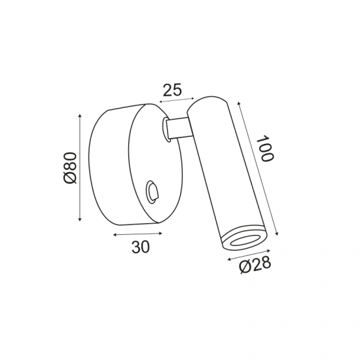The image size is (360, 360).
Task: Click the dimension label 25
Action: (172, 90)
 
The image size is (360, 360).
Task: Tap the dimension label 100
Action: (265, 149)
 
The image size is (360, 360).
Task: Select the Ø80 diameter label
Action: (70, 168)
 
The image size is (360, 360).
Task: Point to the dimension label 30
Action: (141, 247)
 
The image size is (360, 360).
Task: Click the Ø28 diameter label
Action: (255, 266)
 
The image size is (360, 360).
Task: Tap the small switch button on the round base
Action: (152, 192)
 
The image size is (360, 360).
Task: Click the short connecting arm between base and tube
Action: (179, 128)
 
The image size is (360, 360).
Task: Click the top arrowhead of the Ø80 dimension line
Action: (80, 115)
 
